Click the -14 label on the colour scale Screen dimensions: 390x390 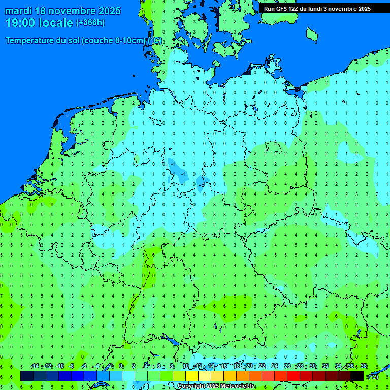click(35, 366)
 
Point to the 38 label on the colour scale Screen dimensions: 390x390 click(364, 366)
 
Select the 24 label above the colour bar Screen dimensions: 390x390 click(275, 366)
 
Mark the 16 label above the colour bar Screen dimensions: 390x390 click(224, 366)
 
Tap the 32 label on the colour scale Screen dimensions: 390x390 click(326, 366)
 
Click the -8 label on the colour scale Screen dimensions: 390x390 click(72, 366)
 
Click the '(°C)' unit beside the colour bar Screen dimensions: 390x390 click(373, 376)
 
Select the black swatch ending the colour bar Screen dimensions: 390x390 click(357, 376)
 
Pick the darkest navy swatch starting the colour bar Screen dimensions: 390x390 click(27, 376)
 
